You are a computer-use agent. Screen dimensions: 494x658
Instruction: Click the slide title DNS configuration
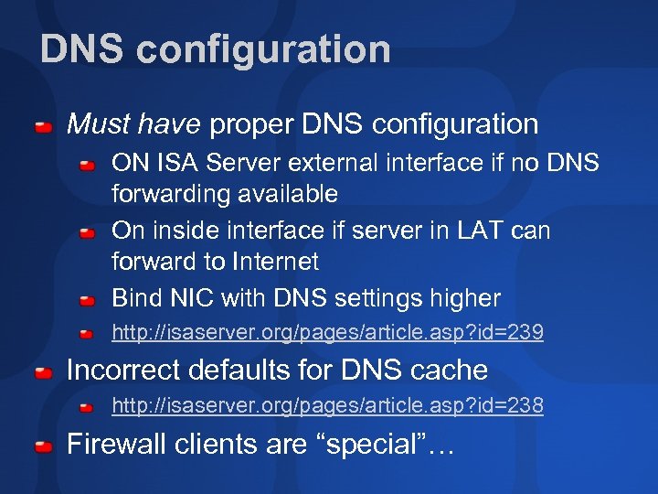(215, 49)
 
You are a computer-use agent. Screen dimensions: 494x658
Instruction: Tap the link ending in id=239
(327, 333)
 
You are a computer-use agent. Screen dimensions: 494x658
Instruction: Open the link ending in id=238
(327, 405)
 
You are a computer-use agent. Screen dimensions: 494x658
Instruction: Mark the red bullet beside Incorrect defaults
(43, 372)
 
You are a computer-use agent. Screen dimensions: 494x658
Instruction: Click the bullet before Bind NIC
(86, 300)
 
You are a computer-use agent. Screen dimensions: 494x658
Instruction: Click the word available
(286, 194)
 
